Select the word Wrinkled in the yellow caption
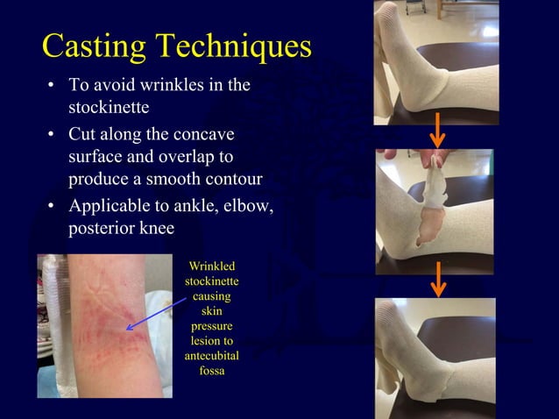pos(212,266)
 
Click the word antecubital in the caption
pos(212,355)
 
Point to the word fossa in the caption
pos(212,370)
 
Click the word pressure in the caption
pos(212,325)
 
